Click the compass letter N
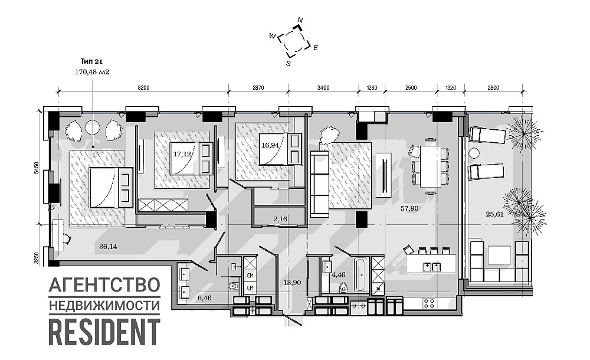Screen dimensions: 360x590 [300, 21]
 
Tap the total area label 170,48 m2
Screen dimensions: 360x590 [92, 72]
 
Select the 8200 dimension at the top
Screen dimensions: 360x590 [143, 87]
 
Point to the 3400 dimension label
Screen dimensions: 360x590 [323, 87]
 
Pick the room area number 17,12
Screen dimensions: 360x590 [182, 153]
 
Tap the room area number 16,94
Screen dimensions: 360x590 [270, 143]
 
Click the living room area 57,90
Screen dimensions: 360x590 [409, 208]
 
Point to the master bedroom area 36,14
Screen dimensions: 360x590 [108, 246]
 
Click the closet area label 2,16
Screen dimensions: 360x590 [280, 219]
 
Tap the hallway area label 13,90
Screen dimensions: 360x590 [293, 283]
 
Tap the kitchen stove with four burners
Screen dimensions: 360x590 [428, 304]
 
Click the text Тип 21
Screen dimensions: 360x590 [91, 61]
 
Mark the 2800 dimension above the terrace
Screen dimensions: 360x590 [493, 87]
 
